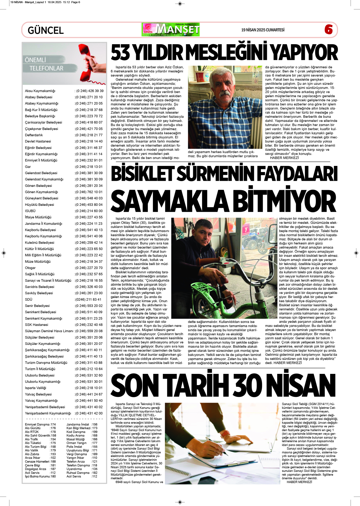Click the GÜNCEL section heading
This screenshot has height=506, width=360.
tap(46, 30)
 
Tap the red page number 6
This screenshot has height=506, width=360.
tap(328, 29)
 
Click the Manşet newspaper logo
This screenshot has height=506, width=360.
tap(171, 30)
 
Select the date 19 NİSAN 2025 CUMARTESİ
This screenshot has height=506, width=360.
tap(263, 30)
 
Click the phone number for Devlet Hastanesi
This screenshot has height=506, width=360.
tap(89, 141)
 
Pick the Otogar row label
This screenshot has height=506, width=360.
tap(30, 268)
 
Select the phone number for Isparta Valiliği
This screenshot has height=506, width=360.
tap(89, 388)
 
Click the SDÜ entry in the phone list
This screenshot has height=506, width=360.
tap(29, 299)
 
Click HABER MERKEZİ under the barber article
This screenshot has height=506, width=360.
tap(284, 158)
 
